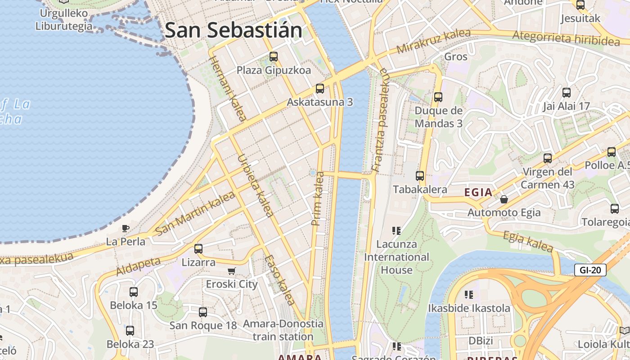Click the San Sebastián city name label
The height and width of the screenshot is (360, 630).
234,30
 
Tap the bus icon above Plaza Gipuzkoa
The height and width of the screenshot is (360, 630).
274,57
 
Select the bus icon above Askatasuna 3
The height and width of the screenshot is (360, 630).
320,88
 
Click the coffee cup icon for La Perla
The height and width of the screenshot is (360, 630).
126,228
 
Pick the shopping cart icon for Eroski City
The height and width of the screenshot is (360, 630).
232,270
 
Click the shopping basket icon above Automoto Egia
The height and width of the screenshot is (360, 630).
504,198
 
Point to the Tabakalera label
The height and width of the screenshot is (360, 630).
420,189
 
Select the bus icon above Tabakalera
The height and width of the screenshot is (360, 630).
420,175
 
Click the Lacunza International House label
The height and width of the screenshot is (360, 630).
396,257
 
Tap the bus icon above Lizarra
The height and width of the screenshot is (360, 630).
198,248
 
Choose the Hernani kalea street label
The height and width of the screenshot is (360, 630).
227,89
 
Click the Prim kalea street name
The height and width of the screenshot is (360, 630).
318,198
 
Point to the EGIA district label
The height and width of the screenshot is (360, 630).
478,193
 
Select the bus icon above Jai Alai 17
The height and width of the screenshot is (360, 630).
567,93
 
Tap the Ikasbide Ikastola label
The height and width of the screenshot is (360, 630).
469,308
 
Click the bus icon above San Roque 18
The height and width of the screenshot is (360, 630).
203,312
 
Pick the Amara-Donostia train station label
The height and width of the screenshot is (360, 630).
283,330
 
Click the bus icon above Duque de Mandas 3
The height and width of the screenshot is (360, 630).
438,97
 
